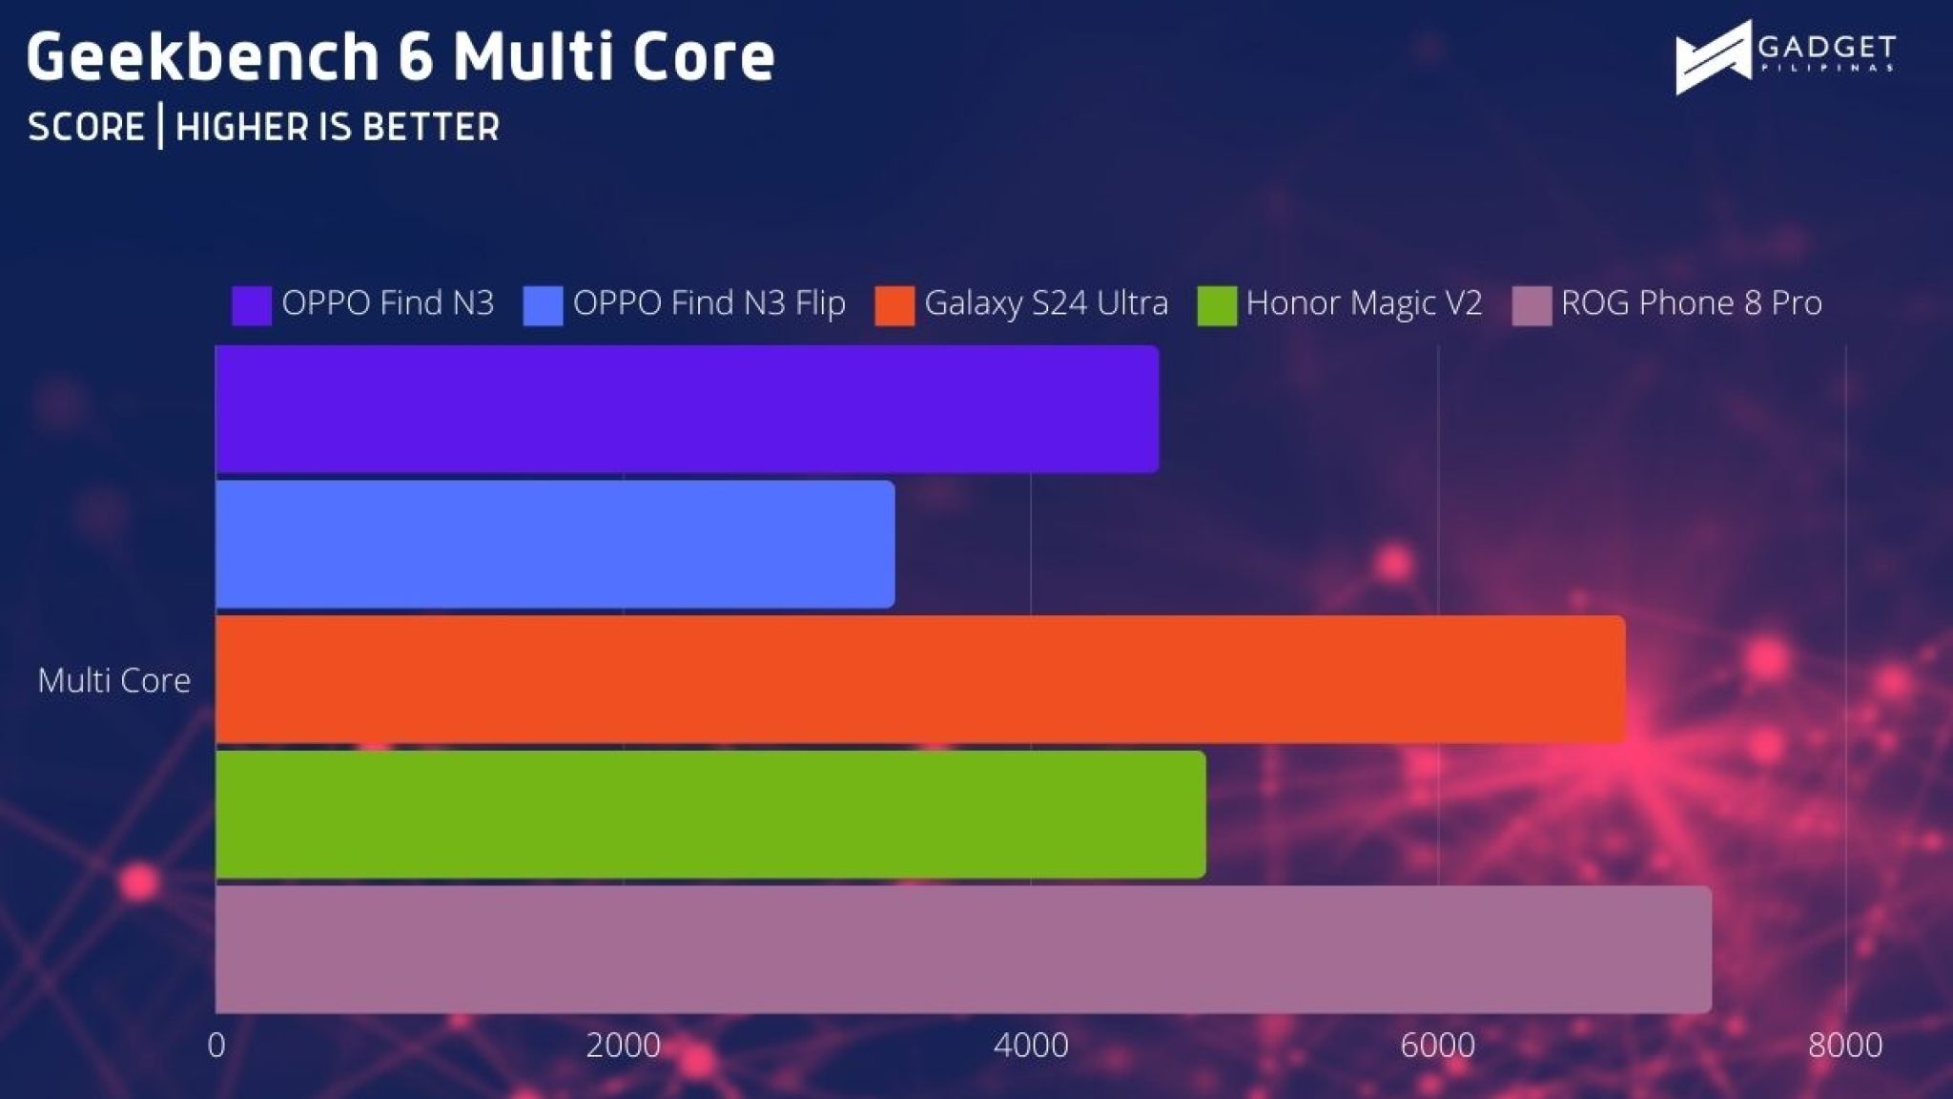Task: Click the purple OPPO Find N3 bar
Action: (x=688, y=409)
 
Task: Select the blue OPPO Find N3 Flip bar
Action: (x=555, y=544)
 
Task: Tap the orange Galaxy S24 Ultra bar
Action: (x=920, y=679)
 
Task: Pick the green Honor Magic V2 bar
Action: (x=710, y=815)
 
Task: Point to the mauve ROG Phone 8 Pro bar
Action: (x=964, y=950)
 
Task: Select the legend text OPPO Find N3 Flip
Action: (x=709, y=303)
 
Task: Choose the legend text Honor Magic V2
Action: (x=1365, y=303)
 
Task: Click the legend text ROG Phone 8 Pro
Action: (x=1692, y=303)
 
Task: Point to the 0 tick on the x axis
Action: (x=216, y=1046)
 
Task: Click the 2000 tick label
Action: (x=624, y=1046)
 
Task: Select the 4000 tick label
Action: (x=1031, y=1046)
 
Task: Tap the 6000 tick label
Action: (x=1438, y=1046)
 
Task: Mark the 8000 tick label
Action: (x=1845, y=1046)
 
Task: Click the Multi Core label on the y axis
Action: (x=114, y=680)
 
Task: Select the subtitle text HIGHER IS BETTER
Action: (x=338, y=127)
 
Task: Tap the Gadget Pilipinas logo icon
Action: (x=1714, y=57)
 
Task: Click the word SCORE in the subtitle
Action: (x=86, y=127)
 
